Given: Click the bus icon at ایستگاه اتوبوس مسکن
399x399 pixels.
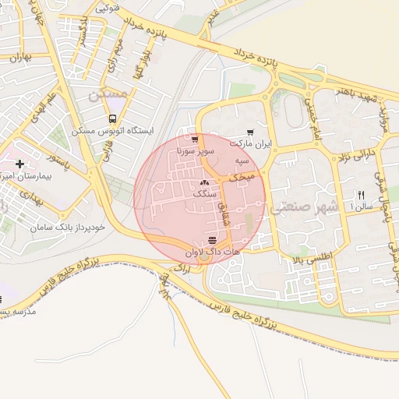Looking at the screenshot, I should pos(113,119).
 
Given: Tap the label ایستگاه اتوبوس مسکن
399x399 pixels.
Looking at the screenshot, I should pos(113,132).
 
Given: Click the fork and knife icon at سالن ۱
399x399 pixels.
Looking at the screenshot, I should pos(360,194).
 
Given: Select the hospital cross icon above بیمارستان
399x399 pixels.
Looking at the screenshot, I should pos(19,164).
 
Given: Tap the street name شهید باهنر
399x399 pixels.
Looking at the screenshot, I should pos(358,98).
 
